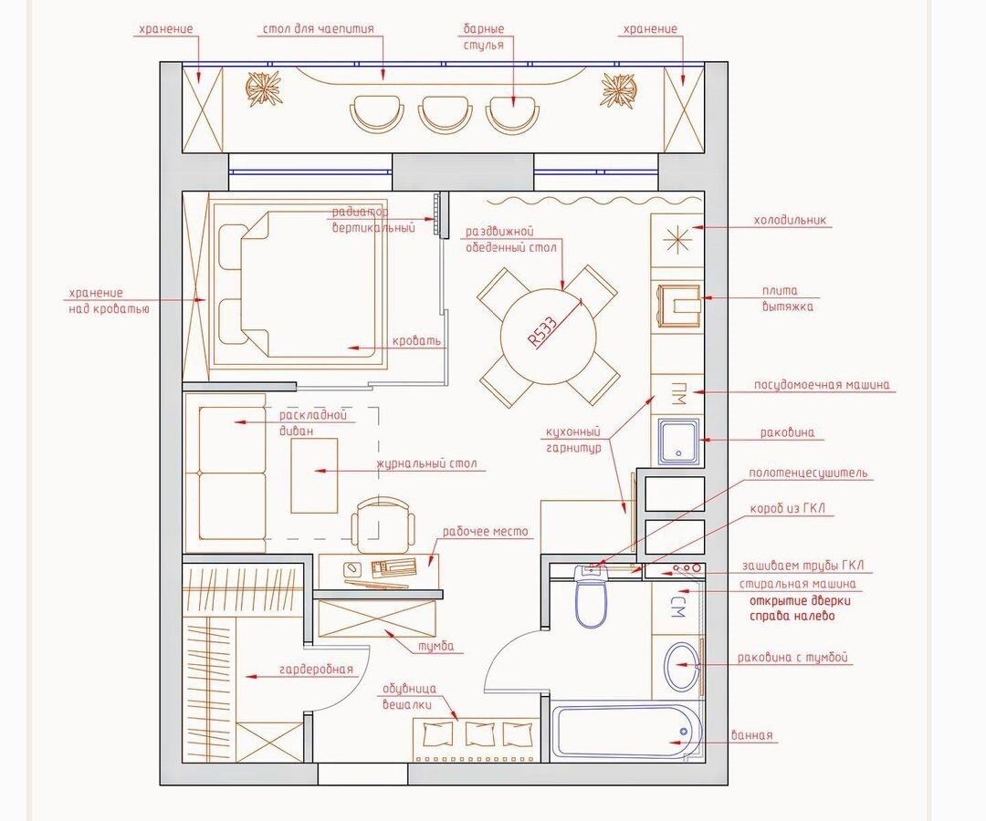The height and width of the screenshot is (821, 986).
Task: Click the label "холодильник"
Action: [x=790, y=221]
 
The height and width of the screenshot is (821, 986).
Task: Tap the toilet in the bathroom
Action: [x=591, y=597]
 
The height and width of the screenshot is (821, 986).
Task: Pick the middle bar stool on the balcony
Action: [x=445, y=113]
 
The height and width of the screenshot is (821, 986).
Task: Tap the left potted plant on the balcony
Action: [x=263, y=88]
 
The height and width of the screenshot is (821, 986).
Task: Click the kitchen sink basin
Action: [x=677, y=441]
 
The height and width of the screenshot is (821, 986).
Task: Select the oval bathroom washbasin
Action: [x=681, y=666]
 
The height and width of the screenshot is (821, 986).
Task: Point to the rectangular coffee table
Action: [x=314, y=475]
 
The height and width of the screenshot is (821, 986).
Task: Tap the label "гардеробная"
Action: [x=316, y=670]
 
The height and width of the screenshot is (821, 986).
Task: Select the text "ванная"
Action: [x=752, y=735]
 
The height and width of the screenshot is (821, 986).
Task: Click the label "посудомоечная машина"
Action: [x=823, y=384]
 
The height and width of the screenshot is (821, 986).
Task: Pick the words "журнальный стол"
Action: [x=426, y=463]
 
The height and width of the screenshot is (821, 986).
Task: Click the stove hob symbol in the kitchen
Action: [x=679, y=306]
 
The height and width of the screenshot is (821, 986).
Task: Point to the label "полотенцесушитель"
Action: [x=808, y=473]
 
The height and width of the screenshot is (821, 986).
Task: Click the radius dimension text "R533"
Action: [x=542, y=331]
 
